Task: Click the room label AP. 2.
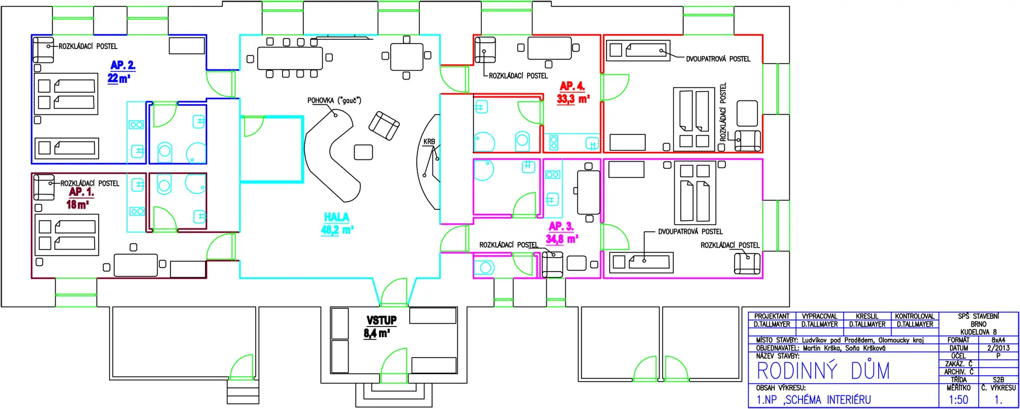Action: (123, 65)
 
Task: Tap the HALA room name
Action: (337, 217)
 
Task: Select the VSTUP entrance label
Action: (381, 320)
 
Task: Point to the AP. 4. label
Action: (572, 86)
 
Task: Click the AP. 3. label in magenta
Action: (561, 226)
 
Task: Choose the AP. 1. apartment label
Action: (81, 192)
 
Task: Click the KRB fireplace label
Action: (429, 141)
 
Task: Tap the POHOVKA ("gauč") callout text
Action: (334, 100)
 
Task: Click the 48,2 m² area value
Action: (337, 230)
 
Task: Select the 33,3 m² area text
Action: (573, 99)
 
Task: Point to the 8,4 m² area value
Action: (377, 334)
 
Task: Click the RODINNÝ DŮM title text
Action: (823, 371)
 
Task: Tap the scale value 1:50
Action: (958, 400)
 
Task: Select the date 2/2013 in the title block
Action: (998, 348)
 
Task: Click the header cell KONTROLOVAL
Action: (915, 316)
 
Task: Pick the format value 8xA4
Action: (998, 339)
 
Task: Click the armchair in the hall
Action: (384, 126)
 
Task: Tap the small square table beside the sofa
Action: (364, 152)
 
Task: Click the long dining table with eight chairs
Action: (290, 58)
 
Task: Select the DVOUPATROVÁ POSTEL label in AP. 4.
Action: (718, 59)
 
